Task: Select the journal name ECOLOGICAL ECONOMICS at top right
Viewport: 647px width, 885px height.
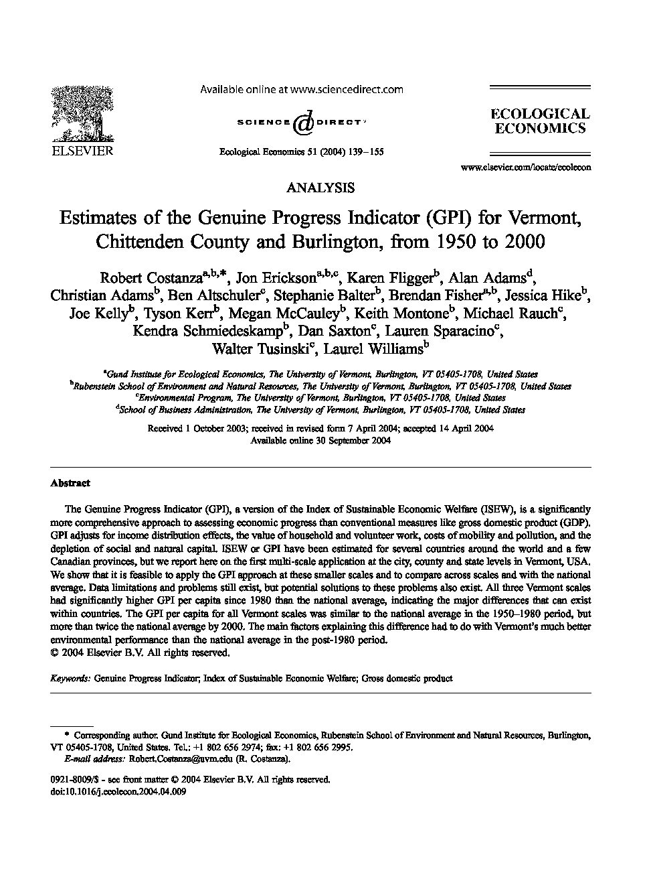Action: [540, 121]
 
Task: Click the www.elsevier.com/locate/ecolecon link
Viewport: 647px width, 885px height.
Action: [526, 167]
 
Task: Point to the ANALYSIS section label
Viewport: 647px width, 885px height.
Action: [320, 188]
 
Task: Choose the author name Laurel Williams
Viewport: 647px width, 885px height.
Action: [372, 348]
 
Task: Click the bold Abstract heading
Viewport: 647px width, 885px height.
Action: [70, 482]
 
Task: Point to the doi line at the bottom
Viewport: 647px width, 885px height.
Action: [118, 791]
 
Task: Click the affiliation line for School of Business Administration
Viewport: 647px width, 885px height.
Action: [322, 409]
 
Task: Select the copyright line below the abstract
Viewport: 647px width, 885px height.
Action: [141, 653]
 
